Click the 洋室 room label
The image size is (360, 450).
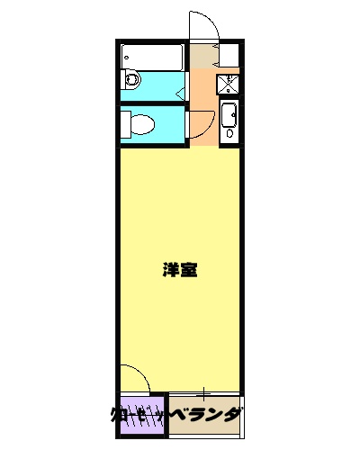pos(181,269)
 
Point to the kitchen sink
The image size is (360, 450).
pos(229,114)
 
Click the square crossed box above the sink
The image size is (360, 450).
pos(228,85)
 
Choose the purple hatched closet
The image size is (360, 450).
pos(140,417)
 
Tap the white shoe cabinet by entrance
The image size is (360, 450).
pos(229,58)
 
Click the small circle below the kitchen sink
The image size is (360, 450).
pos(229,133)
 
